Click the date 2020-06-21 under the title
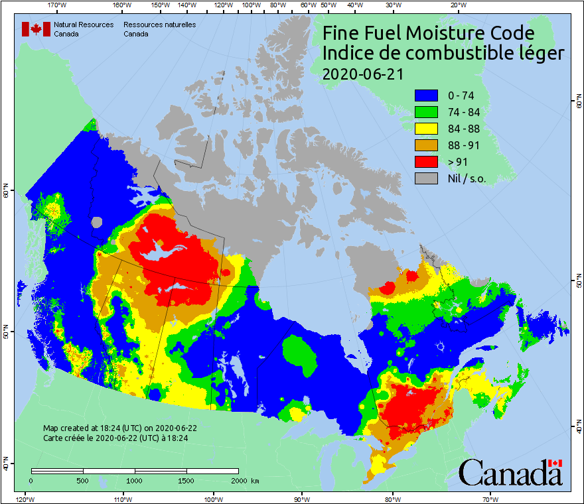click(x=362, y=74)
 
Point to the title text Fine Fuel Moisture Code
click(x=428, y=33)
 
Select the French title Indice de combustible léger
click(x=443, y=54)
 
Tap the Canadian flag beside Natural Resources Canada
click(x=36, y=29)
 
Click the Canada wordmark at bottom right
click(x=510, y=472)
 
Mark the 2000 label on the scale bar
click(x=238, y=480)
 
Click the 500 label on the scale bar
click(x=83, y=480)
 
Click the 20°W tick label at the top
click(x=457, y=5)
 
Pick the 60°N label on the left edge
click(x=5, y=192)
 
